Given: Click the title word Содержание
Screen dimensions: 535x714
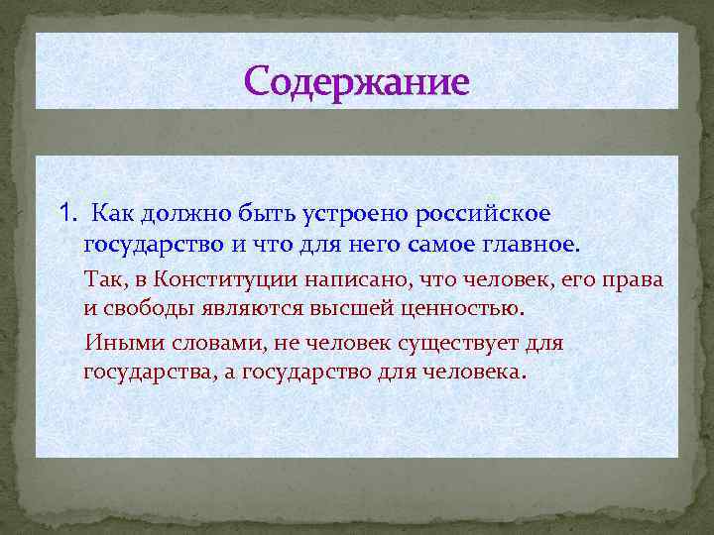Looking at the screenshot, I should click(356, 81).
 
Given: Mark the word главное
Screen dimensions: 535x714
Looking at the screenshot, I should click(535, 244).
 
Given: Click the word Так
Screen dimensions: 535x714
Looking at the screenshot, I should click(103, 279).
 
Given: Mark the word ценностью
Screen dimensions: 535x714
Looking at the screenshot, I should click(457, 308).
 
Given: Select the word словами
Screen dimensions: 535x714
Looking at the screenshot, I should click(197, 344).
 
